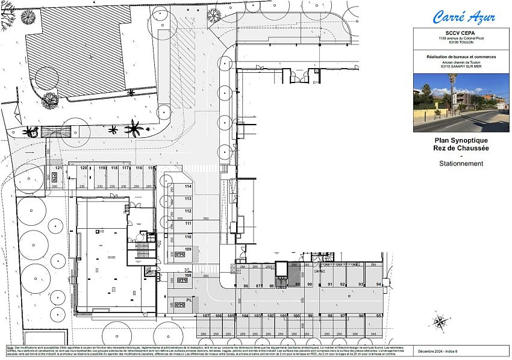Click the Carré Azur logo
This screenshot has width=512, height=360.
point(464,16)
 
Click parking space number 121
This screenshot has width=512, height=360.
point(58,168)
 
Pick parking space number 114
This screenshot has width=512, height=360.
point(188,187)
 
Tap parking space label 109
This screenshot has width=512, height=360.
point(188,249)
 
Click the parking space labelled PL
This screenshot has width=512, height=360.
point(189,299)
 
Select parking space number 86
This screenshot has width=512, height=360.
point(246,285)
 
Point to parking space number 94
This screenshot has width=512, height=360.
point(378,284)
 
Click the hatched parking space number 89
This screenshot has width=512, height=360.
point(297,284)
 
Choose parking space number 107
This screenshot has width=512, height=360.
point(205,316)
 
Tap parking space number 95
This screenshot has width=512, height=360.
point(378,315)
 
